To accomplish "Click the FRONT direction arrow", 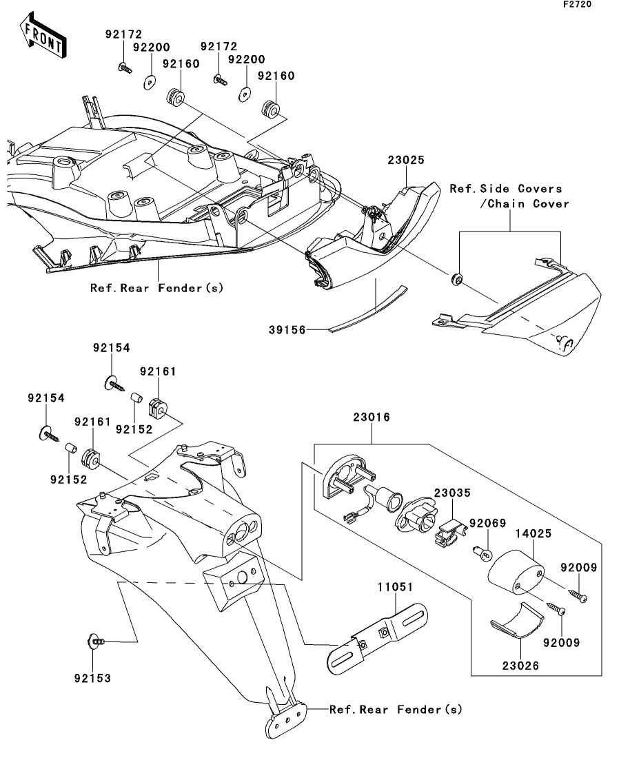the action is pyautogui.click(x=43, y=35).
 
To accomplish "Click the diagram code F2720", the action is pyautogui.click(x=577, y=4).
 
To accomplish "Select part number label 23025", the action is pyautogui.click(x=406, y=160).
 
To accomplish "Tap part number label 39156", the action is pyautogui.click(x=287, y=330).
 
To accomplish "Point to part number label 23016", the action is pyautogui.click(x=372, y=417).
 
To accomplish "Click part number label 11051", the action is pyautogui.click(x=396, y=587).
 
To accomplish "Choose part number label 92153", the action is pyautogui.click(x=92, y=678).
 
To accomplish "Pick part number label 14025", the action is pyautogui.click(x=533, y=533).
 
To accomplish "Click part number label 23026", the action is pyautogui.click(x=520, y=666).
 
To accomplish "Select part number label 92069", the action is pyautogui.click(x=487, y=524).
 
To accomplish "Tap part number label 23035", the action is pyautogui.click(x=452, y=493).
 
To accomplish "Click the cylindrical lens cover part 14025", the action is pyautogui.click(x=515, y=571).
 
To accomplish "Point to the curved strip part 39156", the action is pyautogui.click(x=368, y=310).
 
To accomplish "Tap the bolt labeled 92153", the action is pyautogui.click(x=97, y=641).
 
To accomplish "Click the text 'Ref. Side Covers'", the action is pyautogui.click(x=506, y=189).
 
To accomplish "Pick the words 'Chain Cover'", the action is pyautogui.click(x=528, y=203).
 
